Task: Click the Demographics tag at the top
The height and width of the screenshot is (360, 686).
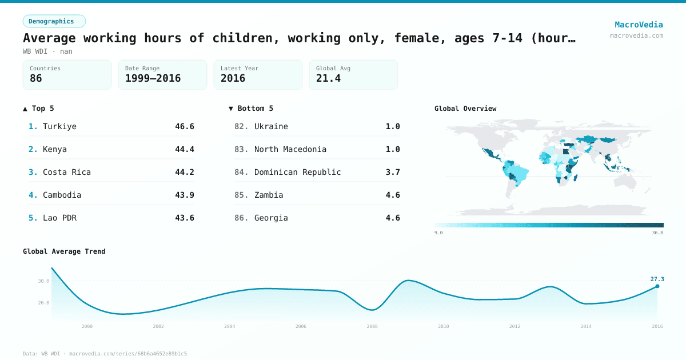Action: (x=54, y=21)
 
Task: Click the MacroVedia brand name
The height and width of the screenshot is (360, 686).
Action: (x=639, y=25)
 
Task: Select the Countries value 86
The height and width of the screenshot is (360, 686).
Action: (x=36, y=78)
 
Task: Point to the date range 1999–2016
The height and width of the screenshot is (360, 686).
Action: (x=153, y=78)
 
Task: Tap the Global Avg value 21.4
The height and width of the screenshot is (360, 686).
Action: (x=328, y=78)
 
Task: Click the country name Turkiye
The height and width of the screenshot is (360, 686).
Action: (x=59, y=126)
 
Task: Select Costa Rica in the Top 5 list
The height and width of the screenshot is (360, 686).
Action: (x=66, y=172)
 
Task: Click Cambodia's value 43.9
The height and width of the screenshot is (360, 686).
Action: (x=184, y=195)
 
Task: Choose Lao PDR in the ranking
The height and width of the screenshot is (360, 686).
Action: (x=59, y=218)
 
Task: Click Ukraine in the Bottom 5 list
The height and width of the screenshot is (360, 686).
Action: (x=271, y=126)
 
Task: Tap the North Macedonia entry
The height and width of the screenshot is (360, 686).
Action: (x=290, y=149)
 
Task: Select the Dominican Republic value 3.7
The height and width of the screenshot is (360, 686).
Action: (x=393, y=172)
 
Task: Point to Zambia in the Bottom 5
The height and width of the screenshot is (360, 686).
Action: (x=269, y=195)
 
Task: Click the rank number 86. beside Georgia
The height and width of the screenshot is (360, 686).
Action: (x=241, y=218)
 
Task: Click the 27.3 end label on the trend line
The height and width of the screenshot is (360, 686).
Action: (x=657, y=279)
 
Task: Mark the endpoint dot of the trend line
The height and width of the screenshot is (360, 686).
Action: (x=657, y=286)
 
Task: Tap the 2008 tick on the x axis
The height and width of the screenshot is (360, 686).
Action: (x=372, y=326)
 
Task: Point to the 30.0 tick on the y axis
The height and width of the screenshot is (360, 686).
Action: (x=44, y=281)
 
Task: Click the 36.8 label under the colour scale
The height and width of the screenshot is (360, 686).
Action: (x=657, y=233)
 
